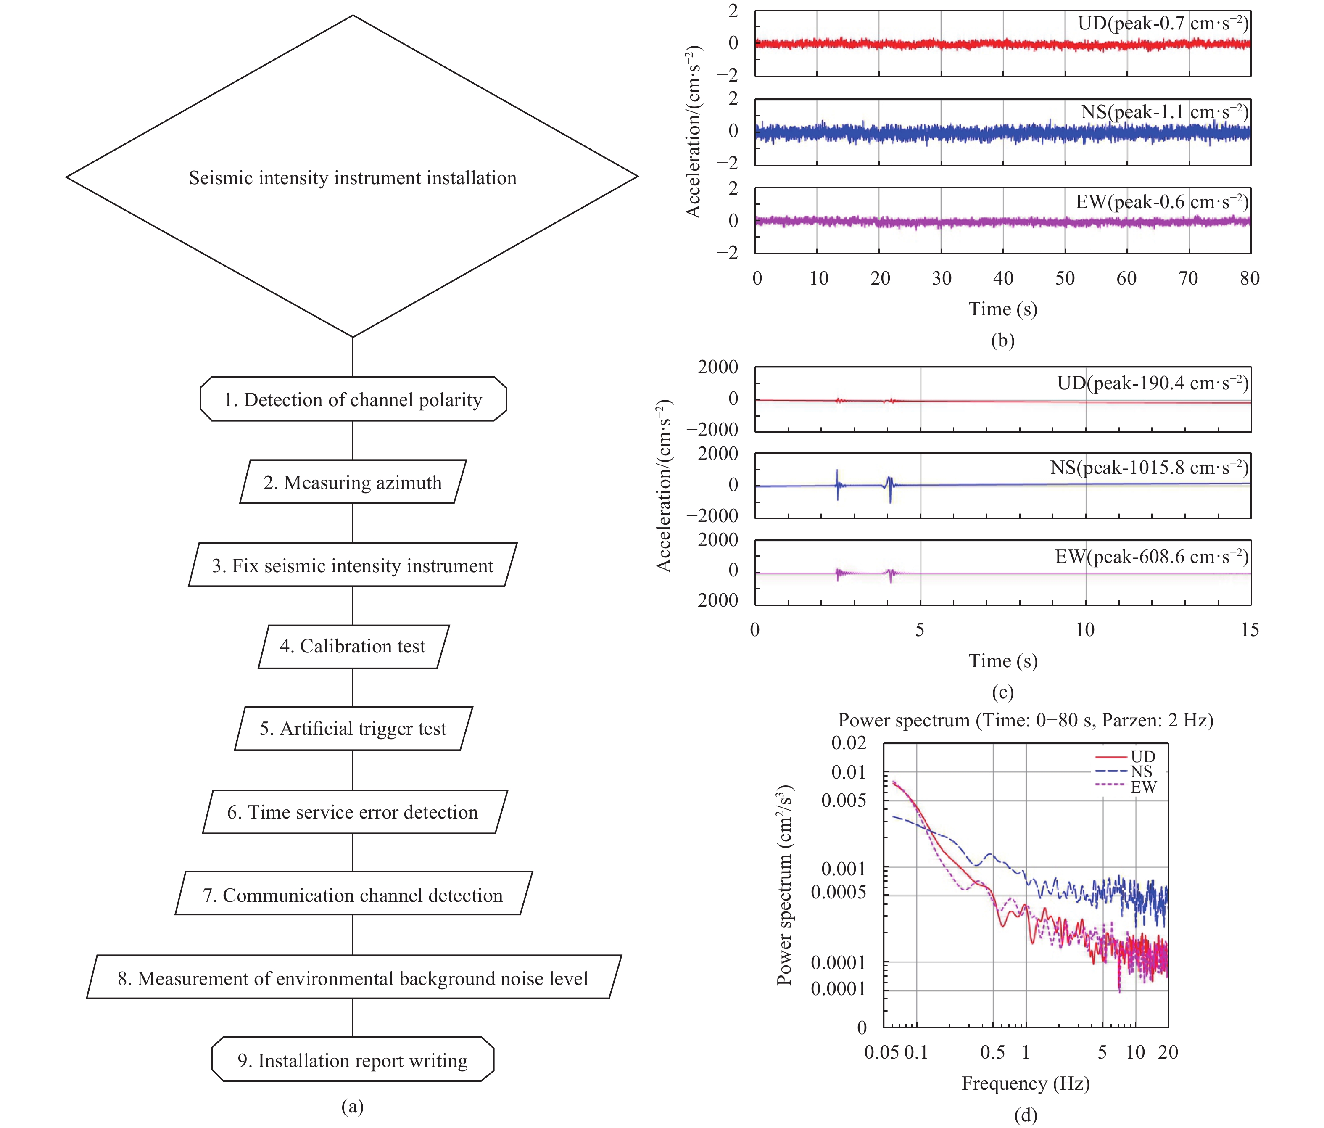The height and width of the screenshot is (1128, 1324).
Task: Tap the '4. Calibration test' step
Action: [x=353, y=646]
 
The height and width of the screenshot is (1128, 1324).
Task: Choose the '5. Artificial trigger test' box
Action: [x=353, y=729]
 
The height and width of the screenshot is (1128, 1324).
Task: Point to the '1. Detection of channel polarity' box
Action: [x=353, y=399]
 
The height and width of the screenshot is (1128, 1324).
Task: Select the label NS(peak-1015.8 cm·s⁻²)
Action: [x=1149, y=467]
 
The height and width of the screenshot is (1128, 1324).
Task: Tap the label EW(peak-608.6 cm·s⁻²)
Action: [x=1152, y=556]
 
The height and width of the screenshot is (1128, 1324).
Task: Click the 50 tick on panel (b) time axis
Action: [x=1065, y=278]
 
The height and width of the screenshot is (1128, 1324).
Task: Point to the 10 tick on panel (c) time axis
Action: [x=1085, y=629]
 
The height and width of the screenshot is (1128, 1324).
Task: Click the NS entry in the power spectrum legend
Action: [x=1141, y=771]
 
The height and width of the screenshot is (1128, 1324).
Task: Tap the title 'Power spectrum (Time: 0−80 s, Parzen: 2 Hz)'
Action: [x=1025, y=720]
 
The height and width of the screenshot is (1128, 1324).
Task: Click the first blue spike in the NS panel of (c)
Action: [x=837, y=484]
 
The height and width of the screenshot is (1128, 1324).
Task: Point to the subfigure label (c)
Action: [x=1002, y=692]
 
